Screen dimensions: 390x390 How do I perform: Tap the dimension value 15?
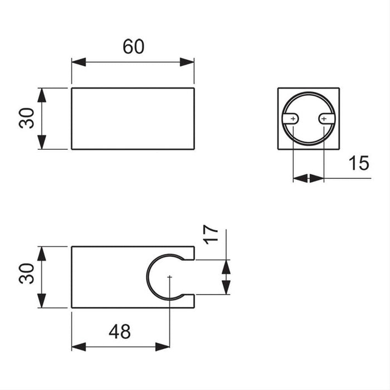(359, 163)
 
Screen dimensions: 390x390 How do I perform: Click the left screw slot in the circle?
(292, 119)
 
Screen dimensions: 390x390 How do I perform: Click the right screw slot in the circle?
(325, 119)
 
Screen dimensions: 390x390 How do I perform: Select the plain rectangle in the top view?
(133, 118)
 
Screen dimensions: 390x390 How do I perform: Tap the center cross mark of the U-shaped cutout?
(169, 277)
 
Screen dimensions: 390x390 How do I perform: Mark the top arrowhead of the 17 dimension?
(226, 266)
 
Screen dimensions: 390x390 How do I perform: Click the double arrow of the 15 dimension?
(308, 178)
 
